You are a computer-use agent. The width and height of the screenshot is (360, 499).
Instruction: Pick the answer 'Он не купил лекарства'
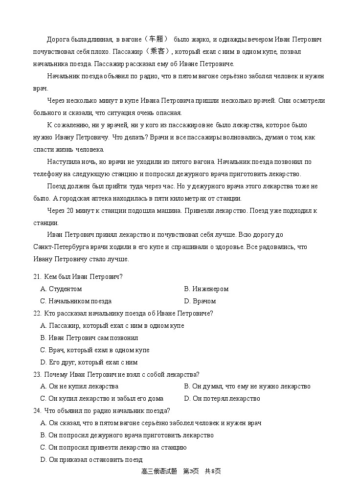(80, 386)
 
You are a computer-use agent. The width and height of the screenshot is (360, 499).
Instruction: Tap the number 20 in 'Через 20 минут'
(70, 211)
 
